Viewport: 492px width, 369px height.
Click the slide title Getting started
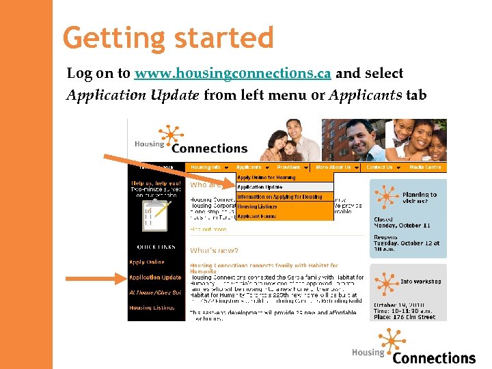click(x=168, y=38)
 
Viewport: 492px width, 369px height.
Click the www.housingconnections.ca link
click(x=232, y=73)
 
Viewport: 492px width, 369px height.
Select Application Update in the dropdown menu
click(x=260, y=187)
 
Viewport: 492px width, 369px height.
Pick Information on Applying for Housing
click(x=279, y=197)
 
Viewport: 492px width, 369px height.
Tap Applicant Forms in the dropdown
click(x=257, y=216)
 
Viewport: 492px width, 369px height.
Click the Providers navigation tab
click(x=292, y=167)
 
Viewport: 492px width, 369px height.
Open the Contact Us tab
click(x=382, y=167)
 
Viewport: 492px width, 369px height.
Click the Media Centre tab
click(x=425, y=167)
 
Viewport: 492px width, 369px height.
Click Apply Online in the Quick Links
click(x=147, y=262)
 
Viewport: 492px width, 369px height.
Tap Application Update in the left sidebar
click(x=155, y=277)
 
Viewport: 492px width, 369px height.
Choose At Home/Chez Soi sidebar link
click(x=155, y=292)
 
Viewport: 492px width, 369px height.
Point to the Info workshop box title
click(x=420, y=282)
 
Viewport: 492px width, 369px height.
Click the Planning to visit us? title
click(x=419, y=198)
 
